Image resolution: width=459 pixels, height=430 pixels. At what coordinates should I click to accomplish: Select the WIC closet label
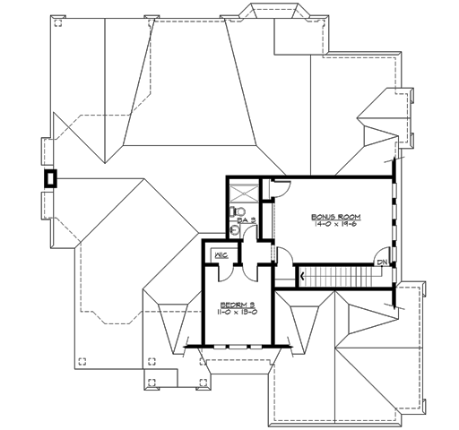[x=221, y=255]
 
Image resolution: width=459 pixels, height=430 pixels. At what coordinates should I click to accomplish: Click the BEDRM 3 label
[x=236, y=304]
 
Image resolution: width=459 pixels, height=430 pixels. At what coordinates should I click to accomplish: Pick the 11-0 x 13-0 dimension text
[x=238, y=313]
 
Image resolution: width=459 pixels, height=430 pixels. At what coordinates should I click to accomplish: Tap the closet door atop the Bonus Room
[x=280, y=186]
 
